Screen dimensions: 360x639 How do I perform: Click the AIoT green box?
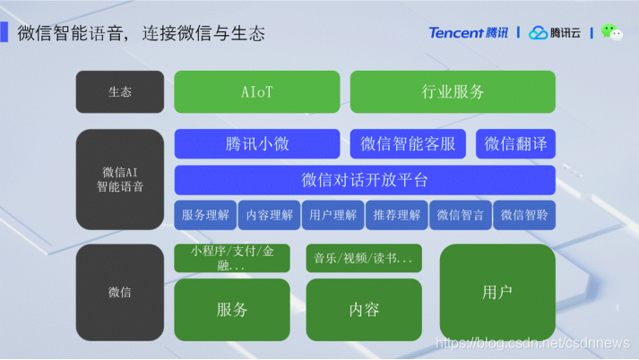point(256,91)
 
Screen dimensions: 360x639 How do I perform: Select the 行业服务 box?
point(453,91)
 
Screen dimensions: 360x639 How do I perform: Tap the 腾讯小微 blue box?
point(256,143)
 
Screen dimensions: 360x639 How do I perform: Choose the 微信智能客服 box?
point(409,143)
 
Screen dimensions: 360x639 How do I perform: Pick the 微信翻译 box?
point(515,143)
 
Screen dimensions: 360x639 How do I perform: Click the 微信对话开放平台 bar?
point(365,179)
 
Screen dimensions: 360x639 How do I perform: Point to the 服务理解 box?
point(206,215)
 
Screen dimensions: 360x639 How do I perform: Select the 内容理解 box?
point(269,215)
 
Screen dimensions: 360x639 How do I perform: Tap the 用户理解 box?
point(332,215)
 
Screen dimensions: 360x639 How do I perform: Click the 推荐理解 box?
point(397,215)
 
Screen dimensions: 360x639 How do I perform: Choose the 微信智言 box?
point(461,215)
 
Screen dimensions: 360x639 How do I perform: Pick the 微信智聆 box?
point(524,215)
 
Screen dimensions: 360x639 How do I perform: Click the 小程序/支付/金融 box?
point(231,259)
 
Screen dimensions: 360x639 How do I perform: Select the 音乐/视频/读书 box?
point(363,259)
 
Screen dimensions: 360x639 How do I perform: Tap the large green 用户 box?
point(497,292)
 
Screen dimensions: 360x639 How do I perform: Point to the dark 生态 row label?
point(120,91)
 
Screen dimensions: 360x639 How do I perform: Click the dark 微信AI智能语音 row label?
point(120,179)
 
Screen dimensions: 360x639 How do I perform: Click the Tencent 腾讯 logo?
point(468,33)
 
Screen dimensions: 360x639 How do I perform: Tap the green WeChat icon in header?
point(612,32)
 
